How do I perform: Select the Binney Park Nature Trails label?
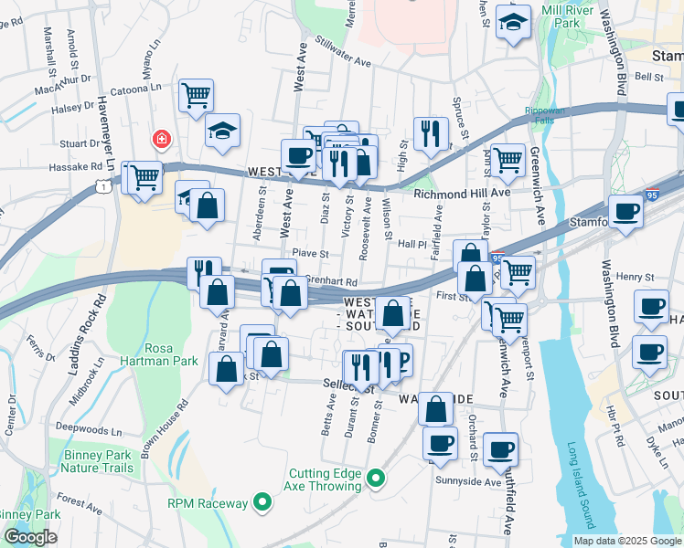(x=97, y=461)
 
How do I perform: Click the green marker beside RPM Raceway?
(x=262, y=502)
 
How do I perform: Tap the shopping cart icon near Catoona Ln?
(x=196, y=94)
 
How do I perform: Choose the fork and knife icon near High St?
(x=429, y=133)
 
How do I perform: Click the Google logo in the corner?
(x=30, y=537)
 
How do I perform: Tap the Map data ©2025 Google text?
(x=627, y=541)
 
